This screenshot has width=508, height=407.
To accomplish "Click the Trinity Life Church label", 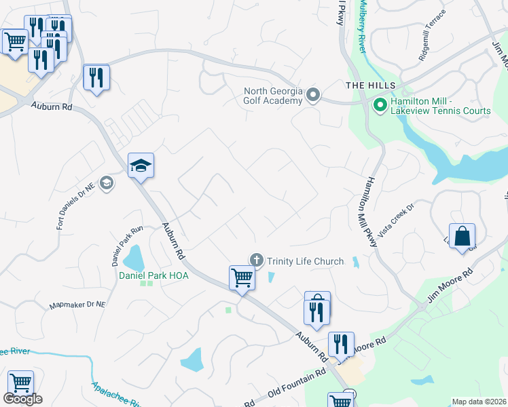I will pyautogui.click(x=305, y=260).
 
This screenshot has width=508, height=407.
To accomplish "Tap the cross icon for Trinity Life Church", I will pyautogui.click(x=256, y=259).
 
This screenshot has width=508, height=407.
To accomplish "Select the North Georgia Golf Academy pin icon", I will pyautogui.click(x=312, y=95).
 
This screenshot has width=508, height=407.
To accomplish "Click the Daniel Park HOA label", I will pyautogui.click(x=153, y=275).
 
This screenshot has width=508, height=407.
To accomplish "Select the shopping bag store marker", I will pyautogui.click(x=462, y=237).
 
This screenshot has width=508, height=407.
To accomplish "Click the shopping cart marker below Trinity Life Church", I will pyautogui.click(x=242, y=278).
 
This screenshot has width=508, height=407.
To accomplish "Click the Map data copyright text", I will pyautogui.click(x=479, y=402).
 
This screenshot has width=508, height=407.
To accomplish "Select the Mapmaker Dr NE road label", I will pyautogui.click(x=77, y=305).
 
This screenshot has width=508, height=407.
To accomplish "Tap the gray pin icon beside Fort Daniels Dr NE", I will pyautogui.click(x=106, y=183).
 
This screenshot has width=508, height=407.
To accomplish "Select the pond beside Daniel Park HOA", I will pyautogui.click(x=133, y=258).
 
